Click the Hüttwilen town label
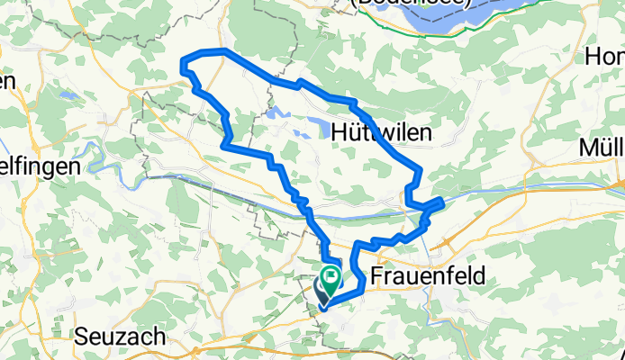coord(382,132)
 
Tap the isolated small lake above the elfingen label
coord(64,94)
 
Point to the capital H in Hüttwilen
coord(340,132)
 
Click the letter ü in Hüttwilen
coord(357,132)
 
